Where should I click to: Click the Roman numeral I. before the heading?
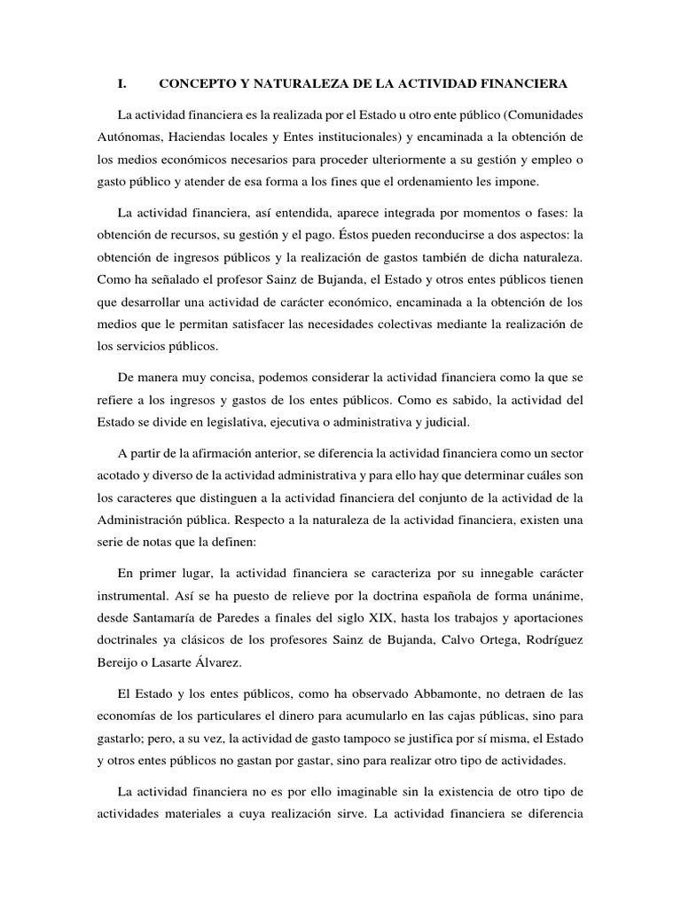coord(122,84)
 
